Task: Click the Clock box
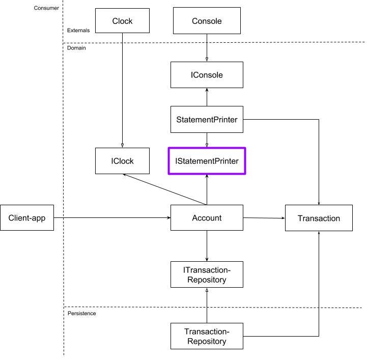[122, 21]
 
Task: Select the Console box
[207, 21]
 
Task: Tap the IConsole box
[207, 75]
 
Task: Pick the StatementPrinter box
[207, 120]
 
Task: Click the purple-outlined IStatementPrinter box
[207, 161]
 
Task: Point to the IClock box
[122, 161]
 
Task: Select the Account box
[207, 218]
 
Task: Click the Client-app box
[27, 218]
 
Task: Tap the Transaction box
[319, 218]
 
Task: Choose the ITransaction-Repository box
[207, 274]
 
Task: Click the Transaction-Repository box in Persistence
[207, 336]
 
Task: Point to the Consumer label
[45, 8]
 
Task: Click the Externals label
[78, 31]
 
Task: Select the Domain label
[76, 48]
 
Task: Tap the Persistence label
[82, 313]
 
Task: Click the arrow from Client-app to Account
[112, 218]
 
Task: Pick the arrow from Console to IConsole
[207, 48]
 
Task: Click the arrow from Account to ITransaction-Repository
[207, 246]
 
